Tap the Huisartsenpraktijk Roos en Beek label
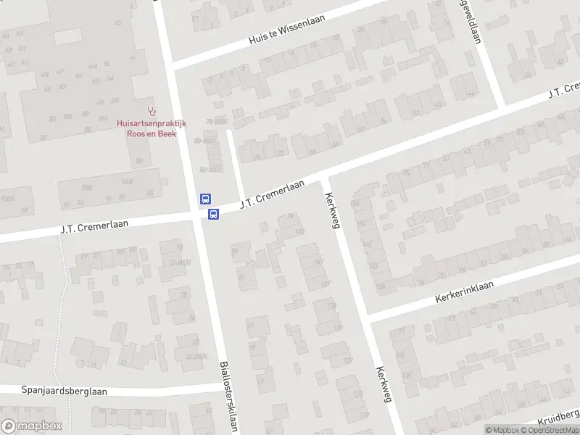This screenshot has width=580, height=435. pos(152,128)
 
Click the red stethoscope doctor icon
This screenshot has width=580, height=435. pos(151,112)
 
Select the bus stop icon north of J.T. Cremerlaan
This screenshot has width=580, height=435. pos(206,199)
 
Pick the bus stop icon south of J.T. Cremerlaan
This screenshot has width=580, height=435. pos(214,214)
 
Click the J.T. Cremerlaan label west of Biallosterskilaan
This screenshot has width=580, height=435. pos(94,227)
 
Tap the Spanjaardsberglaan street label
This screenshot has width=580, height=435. pos(64,391)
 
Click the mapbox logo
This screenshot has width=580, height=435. pos(31,426)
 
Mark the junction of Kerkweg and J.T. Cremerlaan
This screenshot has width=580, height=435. pos(325,177)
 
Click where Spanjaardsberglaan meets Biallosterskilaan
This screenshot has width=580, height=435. pos(222,389)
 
